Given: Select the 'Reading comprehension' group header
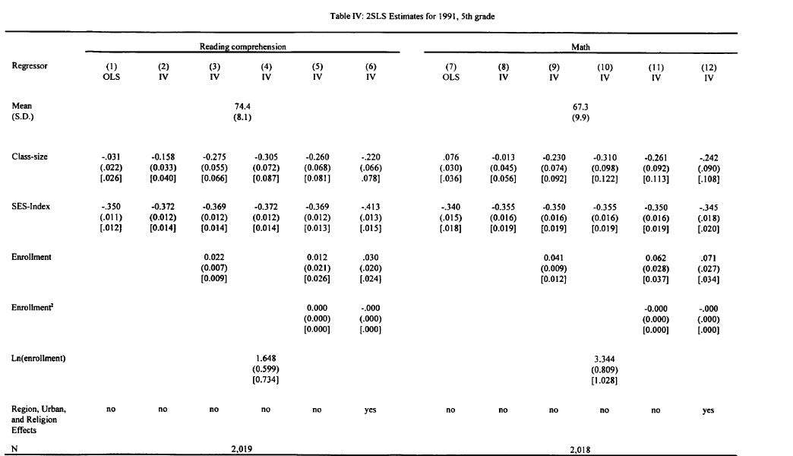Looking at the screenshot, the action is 242,47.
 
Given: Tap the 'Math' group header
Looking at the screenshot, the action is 580,47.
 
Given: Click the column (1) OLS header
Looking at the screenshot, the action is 112,71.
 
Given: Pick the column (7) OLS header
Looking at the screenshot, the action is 450,71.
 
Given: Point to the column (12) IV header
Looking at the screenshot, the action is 709,71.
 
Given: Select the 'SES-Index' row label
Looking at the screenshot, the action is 30,207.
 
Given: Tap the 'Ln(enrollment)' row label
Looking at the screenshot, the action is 39,358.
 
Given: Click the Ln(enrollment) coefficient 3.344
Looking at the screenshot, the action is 605,358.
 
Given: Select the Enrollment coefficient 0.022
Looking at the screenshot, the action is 214,257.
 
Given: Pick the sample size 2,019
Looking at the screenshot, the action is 242,449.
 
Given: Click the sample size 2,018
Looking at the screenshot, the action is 580,449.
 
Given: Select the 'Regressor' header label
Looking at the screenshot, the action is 30,66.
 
